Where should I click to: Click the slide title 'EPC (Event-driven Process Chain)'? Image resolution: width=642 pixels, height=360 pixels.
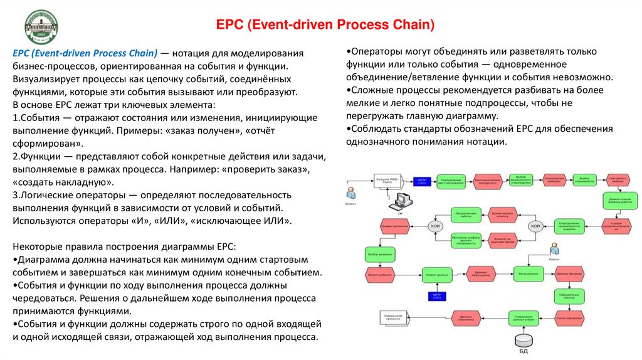point(325,26)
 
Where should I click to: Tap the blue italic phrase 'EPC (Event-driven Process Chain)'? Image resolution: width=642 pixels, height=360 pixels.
point(85,53)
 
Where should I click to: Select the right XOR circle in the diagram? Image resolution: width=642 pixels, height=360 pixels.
point(535,226)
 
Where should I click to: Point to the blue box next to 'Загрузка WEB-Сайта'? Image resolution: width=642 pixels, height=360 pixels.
point(422,181)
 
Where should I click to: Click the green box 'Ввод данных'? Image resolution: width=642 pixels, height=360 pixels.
point(528,273)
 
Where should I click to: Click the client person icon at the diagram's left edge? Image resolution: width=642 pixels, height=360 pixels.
point(352,191)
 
